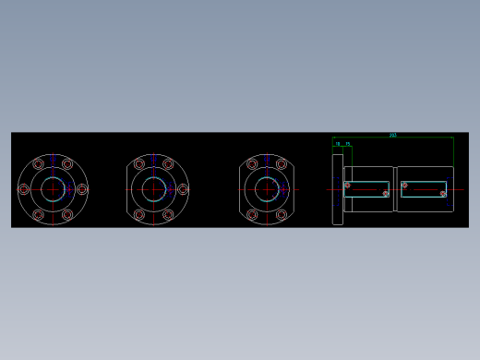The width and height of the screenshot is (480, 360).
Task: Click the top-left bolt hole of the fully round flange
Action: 38,164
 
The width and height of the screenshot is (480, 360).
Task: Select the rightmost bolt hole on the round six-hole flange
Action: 82,189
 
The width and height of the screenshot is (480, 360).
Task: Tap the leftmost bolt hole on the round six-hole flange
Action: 24,189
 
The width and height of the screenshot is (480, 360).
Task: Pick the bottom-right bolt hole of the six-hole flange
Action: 67,214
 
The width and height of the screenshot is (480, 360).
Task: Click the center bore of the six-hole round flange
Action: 53,189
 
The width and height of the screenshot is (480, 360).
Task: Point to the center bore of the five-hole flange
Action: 153,189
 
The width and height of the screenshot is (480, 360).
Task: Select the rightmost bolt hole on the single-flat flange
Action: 183,189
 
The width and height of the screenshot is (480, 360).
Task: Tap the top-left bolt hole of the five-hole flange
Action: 139,164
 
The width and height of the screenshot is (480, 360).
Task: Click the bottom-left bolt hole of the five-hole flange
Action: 139,214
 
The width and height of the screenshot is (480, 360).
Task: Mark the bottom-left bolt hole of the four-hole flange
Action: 252,214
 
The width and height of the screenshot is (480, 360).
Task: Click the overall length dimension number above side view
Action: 393,135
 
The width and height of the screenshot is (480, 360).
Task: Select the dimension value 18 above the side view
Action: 338,144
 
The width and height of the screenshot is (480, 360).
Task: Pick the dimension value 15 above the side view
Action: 348,144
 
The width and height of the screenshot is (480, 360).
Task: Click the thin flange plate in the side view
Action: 338,188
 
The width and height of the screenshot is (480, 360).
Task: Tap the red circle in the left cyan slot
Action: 348,186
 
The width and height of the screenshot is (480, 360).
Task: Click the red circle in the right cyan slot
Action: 404,186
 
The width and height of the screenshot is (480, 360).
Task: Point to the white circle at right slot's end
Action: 443,194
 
